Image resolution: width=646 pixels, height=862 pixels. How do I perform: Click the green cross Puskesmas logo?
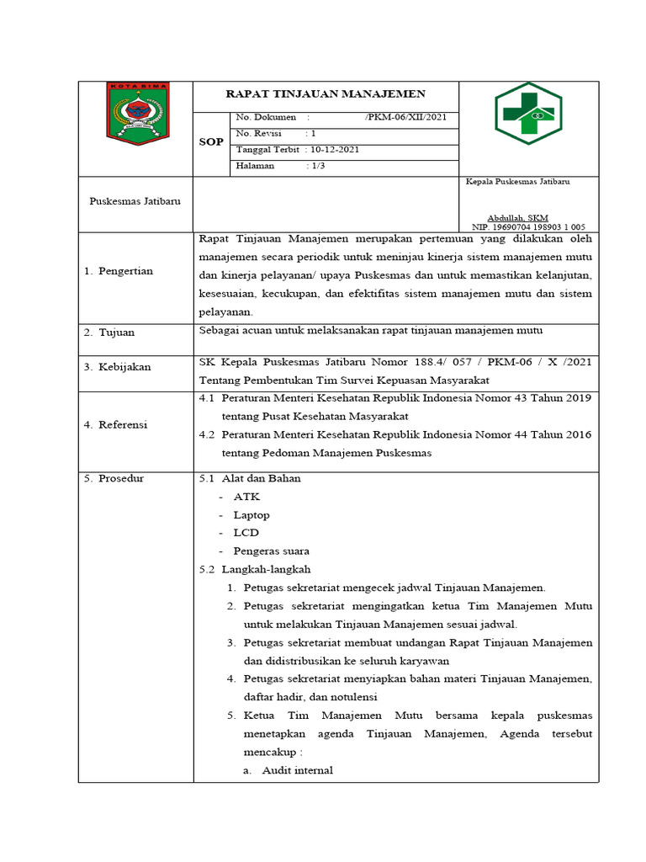click(527, 114)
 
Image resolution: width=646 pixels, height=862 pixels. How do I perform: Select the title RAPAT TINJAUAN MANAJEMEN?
click(327, 94)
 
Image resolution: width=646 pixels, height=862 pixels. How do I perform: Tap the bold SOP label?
click(211, 142)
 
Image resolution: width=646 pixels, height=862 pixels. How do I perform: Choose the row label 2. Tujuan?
click(109, 333)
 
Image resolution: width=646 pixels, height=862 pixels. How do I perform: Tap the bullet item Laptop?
click(252, 514)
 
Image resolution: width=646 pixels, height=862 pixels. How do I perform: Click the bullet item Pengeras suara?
click(271, 551)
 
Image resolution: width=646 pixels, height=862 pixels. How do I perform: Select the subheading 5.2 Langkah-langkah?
click(255, 570)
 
